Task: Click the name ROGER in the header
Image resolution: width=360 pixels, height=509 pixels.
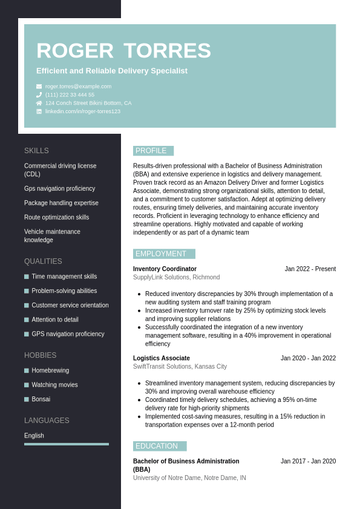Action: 74,51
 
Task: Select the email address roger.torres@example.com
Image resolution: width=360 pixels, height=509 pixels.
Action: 78,87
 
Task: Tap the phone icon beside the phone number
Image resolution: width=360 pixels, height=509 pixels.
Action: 39,95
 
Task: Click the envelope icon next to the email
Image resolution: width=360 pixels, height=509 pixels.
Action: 39,87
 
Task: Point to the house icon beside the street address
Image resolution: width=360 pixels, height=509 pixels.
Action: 39,103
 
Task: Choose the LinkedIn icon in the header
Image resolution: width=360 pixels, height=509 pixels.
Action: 39,111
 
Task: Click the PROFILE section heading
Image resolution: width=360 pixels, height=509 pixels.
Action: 151,151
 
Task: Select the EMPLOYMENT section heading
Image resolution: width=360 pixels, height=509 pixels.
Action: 162,254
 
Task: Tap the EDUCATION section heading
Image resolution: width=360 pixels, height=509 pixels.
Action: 157,446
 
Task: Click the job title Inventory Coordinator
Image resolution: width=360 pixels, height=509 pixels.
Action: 165,269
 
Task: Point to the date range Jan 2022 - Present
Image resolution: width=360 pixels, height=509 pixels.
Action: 310,269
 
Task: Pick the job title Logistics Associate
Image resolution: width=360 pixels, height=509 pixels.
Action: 161,358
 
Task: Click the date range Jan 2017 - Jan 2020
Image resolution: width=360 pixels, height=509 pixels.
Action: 308,461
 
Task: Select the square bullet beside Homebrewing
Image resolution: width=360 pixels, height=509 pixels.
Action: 27,370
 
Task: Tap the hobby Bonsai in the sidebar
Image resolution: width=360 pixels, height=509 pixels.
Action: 41,399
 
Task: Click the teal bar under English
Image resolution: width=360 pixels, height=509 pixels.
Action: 67,444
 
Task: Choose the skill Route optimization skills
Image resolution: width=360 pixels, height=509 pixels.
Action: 56,217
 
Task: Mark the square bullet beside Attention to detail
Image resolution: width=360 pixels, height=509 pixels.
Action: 27,320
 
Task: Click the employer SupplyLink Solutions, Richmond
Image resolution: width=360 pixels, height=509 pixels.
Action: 176,277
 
